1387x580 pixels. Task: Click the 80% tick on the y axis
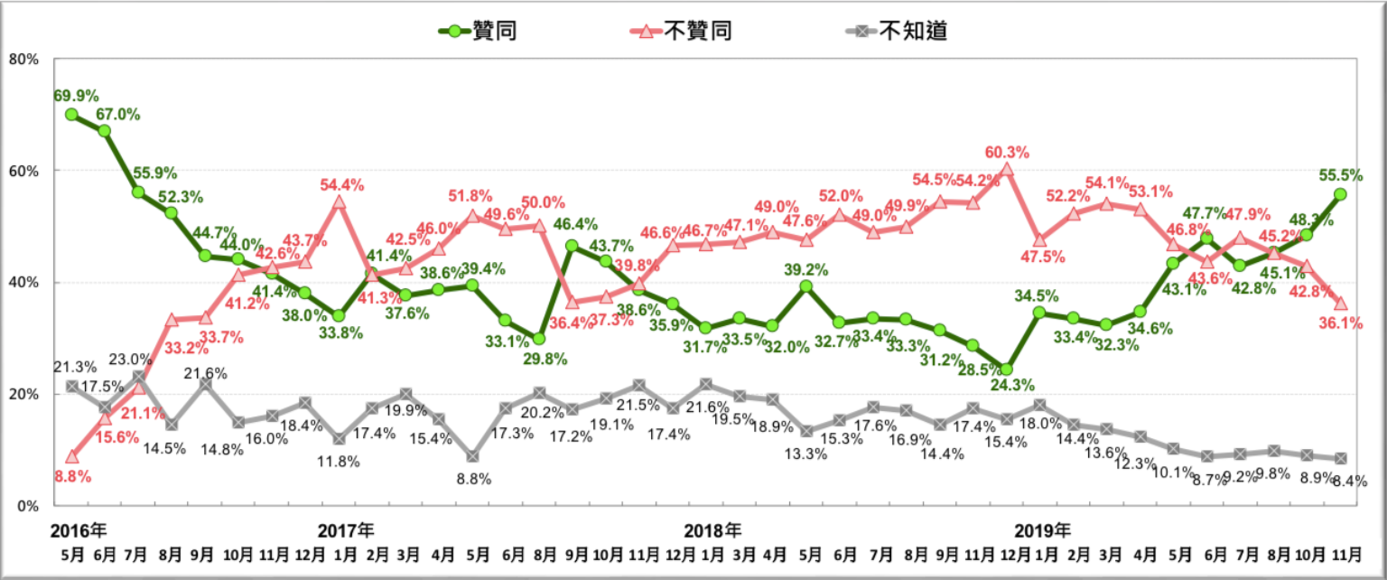click(x=23, y=59)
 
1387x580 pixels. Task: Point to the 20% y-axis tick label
click(x=23, y=395)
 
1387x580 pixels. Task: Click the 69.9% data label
click(x=76, y=96)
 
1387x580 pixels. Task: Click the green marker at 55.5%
click(x=1340, y=194)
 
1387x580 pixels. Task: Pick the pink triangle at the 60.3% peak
click(x=1006, y=169)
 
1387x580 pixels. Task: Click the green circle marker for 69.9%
click(x=71, y=115)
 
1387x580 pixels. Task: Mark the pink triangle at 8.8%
click(x=71, y=456)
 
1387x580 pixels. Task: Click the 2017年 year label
click(x=346, y=529)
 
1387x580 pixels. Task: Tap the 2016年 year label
click(x=79, y=529)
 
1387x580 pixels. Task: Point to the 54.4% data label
click(x=342, y=185)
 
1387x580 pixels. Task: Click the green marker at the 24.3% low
click(x=1006, y=370)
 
